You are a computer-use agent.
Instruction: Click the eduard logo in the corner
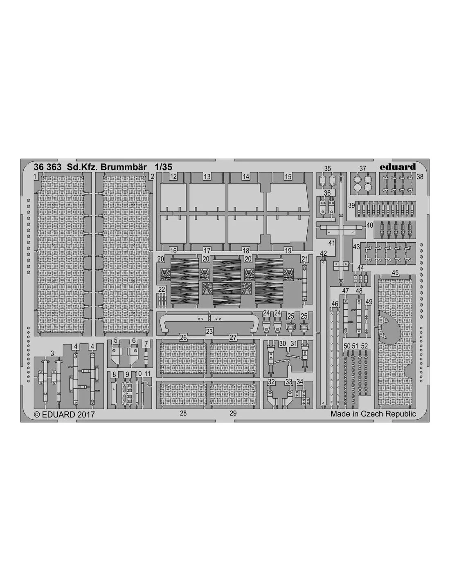pos(398,167)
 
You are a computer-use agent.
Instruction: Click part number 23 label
pos(209,331)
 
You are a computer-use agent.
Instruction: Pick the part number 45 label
pos(395,273)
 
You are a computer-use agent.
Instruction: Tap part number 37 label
pos(362,168)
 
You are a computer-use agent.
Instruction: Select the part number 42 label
pos(323,253)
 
